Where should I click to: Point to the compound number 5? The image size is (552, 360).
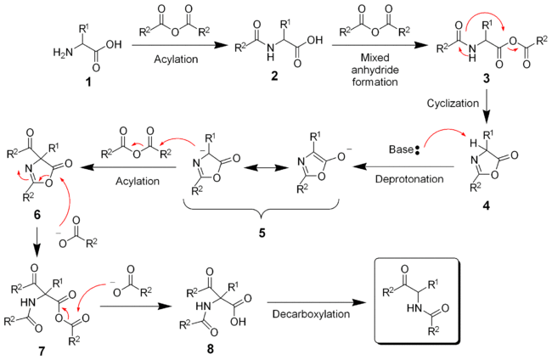coord(262,230)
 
